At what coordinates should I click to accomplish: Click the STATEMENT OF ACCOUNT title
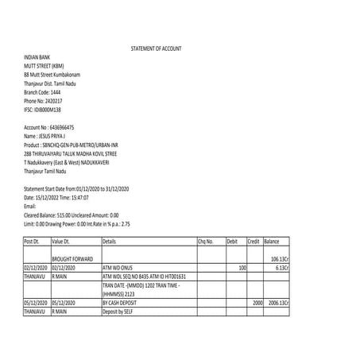[156, 49]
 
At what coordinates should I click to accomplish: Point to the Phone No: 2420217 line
[43, 102]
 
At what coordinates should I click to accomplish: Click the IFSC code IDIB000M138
[43, 110]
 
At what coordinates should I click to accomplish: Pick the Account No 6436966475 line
[49, 127]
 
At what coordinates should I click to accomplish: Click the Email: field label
[31, 205]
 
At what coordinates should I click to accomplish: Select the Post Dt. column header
[32, 240]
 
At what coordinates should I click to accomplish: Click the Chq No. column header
[205, 240]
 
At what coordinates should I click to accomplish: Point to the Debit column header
[232, 240]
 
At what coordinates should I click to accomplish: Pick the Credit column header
[254, 240]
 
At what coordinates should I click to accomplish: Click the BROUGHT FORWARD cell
[72, 259]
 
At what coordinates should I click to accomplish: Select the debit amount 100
[242, 268]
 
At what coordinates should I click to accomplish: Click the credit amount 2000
[257, 303]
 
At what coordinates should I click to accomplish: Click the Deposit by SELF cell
[118, 312]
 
